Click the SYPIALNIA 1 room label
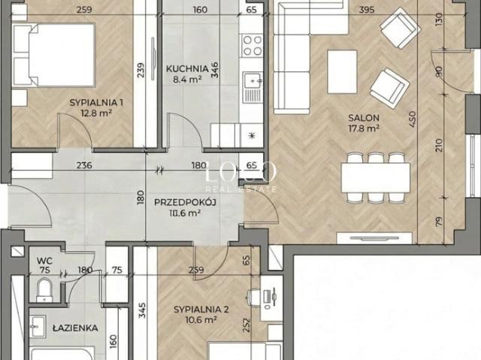tap(96, 102)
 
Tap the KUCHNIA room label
tap(187, 68)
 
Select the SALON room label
tap(364, 118)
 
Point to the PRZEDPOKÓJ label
tap(186, 202)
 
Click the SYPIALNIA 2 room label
tap(201, 310)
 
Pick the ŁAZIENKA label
tap(75, 328)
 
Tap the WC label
tap(44, 261)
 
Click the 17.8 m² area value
tap(364, 128)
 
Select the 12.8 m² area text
tap(96, 113)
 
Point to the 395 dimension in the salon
tap(367, 10)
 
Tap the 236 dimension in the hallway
tap(84, 165)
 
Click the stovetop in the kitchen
tap(253, 45)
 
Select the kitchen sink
tap(253, 87)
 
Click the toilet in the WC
tap(44, 290)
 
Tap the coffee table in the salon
tap(342, 71)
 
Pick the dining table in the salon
tap(376, 178)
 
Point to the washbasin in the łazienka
tap(38, 326)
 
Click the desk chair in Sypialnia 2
tap(253, 297)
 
